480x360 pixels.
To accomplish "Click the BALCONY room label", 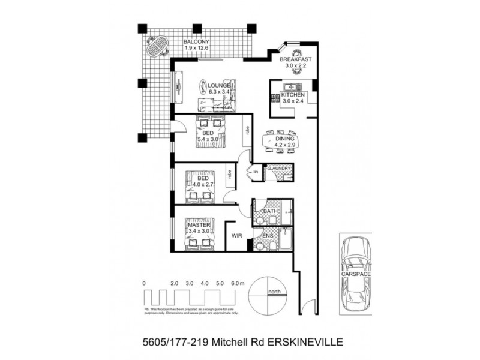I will tap(196, 41).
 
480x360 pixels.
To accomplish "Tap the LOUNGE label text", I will tap(220, 85).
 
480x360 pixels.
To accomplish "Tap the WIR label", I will tap(236, 236).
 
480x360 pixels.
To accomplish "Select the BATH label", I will tap(270, 211).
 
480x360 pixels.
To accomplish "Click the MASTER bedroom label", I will tap(199, 224).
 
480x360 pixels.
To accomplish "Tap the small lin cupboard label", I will tap(256, 172).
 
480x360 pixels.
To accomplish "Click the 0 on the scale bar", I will tap(144, 282).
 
